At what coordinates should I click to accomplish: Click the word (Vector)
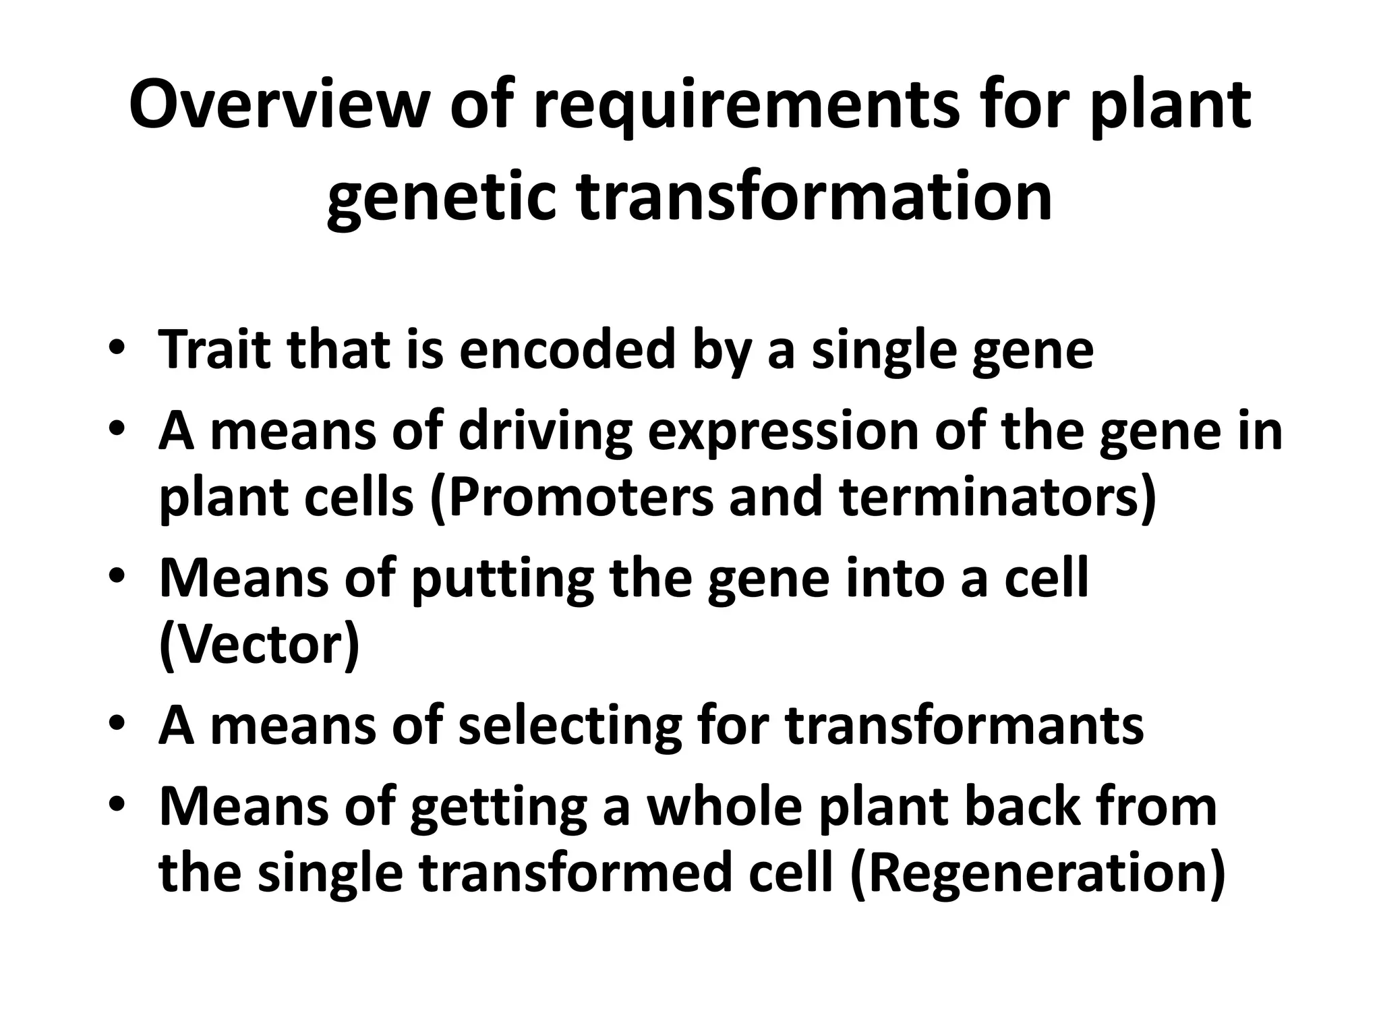pyautogui.click(x=259, y=645)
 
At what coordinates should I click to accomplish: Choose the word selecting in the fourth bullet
pyautogui.click(x=570, y=726)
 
